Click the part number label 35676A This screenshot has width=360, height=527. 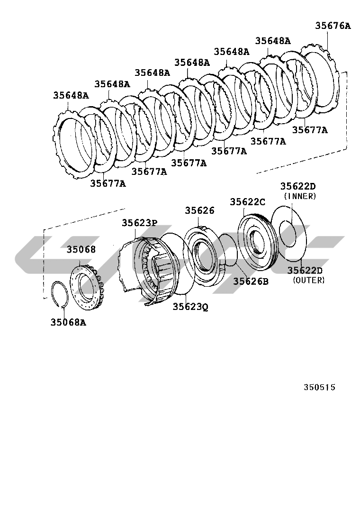pos(333,26)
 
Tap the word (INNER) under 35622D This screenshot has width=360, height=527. pos(299,196)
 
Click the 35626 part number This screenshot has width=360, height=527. pos(199,210)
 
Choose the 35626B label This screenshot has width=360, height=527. pos(251,282)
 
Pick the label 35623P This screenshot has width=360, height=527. pos(139,222)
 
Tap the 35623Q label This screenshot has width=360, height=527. pos(190,307)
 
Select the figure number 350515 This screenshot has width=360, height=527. pos(319,387)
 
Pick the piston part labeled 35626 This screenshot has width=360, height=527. pos(204,256)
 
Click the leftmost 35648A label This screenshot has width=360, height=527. pos(71,95)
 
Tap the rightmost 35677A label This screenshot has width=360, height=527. pos(309,129)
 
